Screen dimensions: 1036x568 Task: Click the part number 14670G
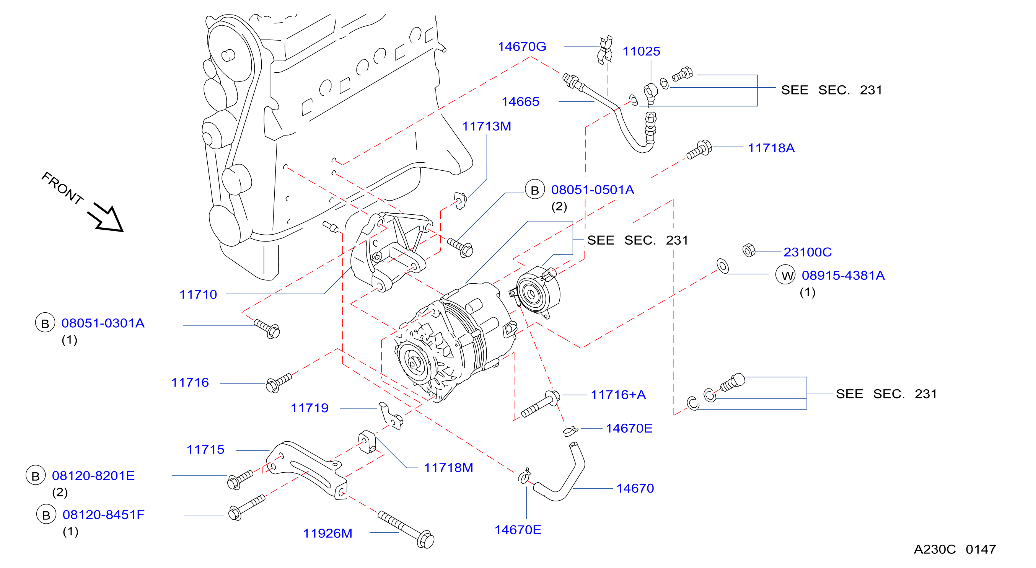(522, 47)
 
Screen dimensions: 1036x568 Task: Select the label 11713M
(486, 126)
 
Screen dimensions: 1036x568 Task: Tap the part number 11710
(198, 294)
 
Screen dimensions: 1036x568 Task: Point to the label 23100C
(808, 252)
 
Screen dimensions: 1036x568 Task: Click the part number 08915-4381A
(843, 275)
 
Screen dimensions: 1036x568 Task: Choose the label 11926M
(327, 533)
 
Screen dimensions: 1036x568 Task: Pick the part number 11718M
(448, 467)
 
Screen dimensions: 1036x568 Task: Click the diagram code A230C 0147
(955, 549)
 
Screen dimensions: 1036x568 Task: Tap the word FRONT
(62, 188)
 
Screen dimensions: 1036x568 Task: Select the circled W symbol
(785, 275)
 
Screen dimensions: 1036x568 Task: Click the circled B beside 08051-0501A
(535, 189)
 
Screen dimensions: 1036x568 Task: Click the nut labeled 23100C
(749, 250)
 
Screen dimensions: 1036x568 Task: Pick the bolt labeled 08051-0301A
(267, 329)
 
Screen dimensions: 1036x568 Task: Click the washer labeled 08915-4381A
(723, 266)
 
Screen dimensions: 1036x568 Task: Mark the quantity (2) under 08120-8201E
(60, 492)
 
